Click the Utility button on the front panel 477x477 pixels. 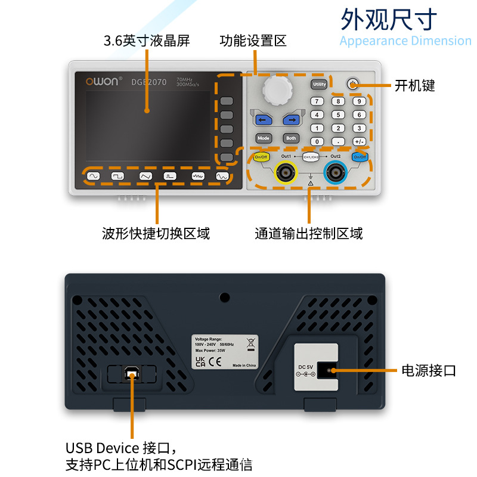pyautogui.click(x=319, y=85)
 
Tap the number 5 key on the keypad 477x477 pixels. pyautogui.click(x=338, y=114)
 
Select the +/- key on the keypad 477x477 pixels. pyautogui.click(x=359, y=141)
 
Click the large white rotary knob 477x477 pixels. pyautogui.click(x=277, y=89)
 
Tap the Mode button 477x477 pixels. pyautogui.click(x=264, y=138)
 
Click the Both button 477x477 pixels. pyautogui.click(x=291, y=138)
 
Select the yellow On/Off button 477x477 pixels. pyautogui.click(x=261, y=157)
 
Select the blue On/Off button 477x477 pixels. pyautogui.click(x=359, y=157)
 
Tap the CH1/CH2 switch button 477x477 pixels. pyautogui.click(x=311, y=157)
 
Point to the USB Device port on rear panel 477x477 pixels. pyautogui.click(x=132, y=374)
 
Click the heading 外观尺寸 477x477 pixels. pyautogui.click(x=389, y=19)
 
